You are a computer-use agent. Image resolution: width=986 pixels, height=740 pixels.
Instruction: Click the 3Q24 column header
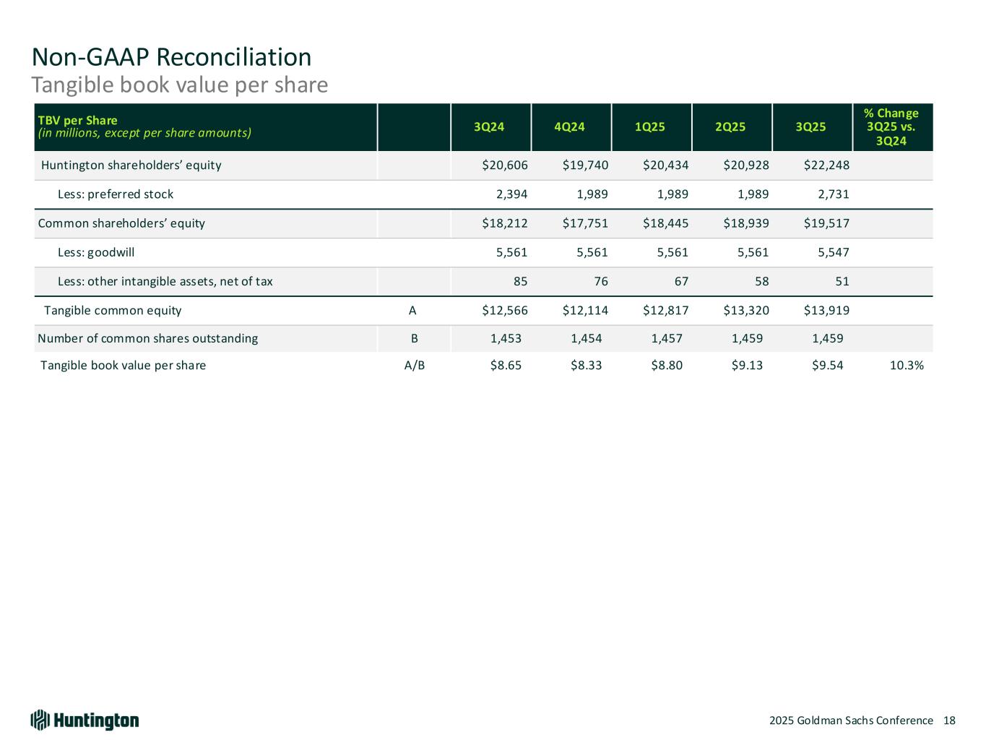(x=489, y=127)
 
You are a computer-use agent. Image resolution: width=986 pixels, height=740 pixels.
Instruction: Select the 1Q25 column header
(x=649, y=127)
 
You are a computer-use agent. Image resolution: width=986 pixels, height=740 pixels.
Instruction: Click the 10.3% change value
(x=906, y=366)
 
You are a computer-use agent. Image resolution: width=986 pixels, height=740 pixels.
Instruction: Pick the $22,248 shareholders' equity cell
(x=826, y=165)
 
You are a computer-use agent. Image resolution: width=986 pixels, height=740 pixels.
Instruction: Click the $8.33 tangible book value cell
(x=586, y=366)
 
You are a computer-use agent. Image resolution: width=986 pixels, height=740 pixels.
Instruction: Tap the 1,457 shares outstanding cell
(x=668, y=338)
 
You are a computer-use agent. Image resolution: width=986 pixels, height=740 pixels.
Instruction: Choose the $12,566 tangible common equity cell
(x=505, y=311)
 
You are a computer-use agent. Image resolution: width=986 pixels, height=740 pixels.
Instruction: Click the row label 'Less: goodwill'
(x=95, y=252)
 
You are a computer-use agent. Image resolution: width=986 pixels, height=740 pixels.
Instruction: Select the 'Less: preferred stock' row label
(x=115, y=194)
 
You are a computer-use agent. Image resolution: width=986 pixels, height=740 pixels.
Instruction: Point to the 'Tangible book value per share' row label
(x=123, y=366)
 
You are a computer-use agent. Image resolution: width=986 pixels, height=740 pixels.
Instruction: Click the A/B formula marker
(x=414, y=366)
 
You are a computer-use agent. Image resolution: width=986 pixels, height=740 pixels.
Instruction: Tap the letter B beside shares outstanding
(x=414, y=338)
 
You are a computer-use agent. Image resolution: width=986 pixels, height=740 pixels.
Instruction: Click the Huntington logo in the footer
(x=85, y=720)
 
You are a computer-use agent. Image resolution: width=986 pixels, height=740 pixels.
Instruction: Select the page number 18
(x=949, y=720)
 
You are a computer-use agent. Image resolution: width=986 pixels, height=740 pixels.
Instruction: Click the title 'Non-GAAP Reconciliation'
(x=171, y=56)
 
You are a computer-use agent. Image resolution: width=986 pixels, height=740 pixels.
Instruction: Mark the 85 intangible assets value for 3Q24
(x=520, y=281)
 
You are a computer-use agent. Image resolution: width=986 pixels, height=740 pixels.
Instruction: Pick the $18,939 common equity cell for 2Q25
(x=746, y=223)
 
